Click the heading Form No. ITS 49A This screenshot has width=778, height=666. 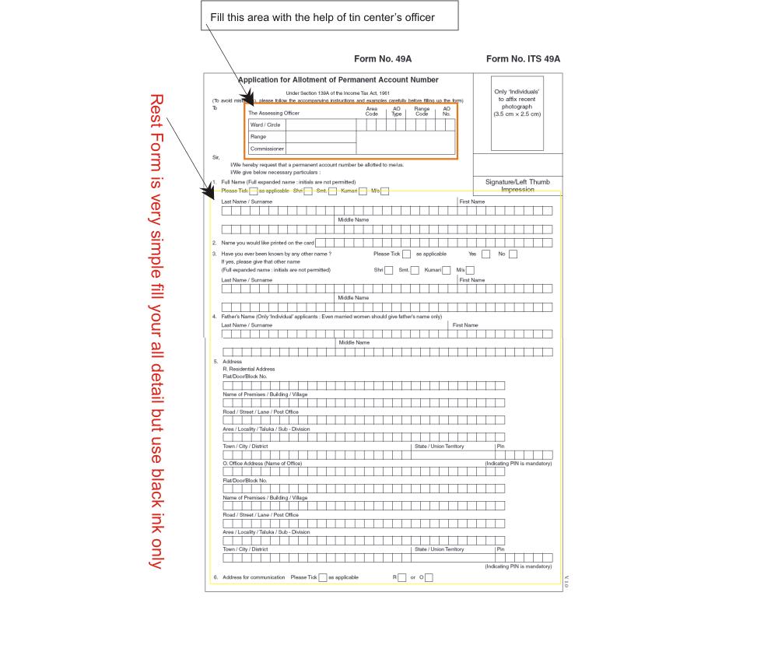523,59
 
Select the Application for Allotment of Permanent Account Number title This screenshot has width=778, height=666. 338,80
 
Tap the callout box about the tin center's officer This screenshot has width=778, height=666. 329,17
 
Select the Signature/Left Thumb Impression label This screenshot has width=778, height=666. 517,185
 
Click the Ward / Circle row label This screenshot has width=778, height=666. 265,124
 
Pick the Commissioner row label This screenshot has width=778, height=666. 267,149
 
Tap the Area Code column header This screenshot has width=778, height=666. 372,111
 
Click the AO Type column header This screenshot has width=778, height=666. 396,111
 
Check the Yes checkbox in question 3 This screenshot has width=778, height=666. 485,254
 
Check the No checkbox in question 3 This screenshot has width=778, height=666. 513,254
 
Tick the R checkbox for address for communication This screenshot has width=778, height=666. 402,577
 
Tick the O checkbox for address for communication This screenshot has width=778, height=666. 429,577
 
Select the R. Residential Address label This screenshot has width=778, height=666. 249,369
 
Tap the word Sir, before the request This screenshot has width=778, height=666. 216,156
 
